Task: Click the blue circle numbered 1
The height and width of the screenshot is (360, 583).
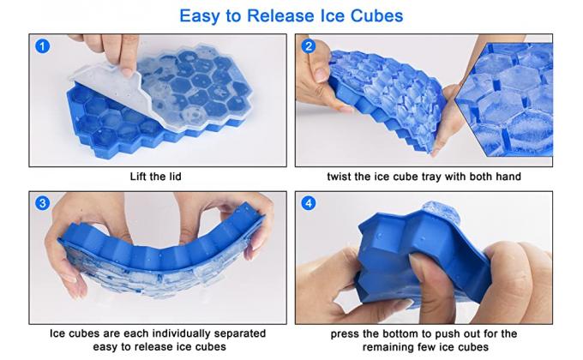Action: (42, 46)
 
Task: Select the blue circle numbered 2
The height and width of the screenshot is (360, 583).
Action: (309, 46)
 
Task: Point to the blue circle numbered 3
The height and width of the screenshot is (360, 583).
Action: (42, 204)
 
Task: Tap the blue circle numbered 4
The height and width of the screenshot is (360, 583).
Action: (309, 204)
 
